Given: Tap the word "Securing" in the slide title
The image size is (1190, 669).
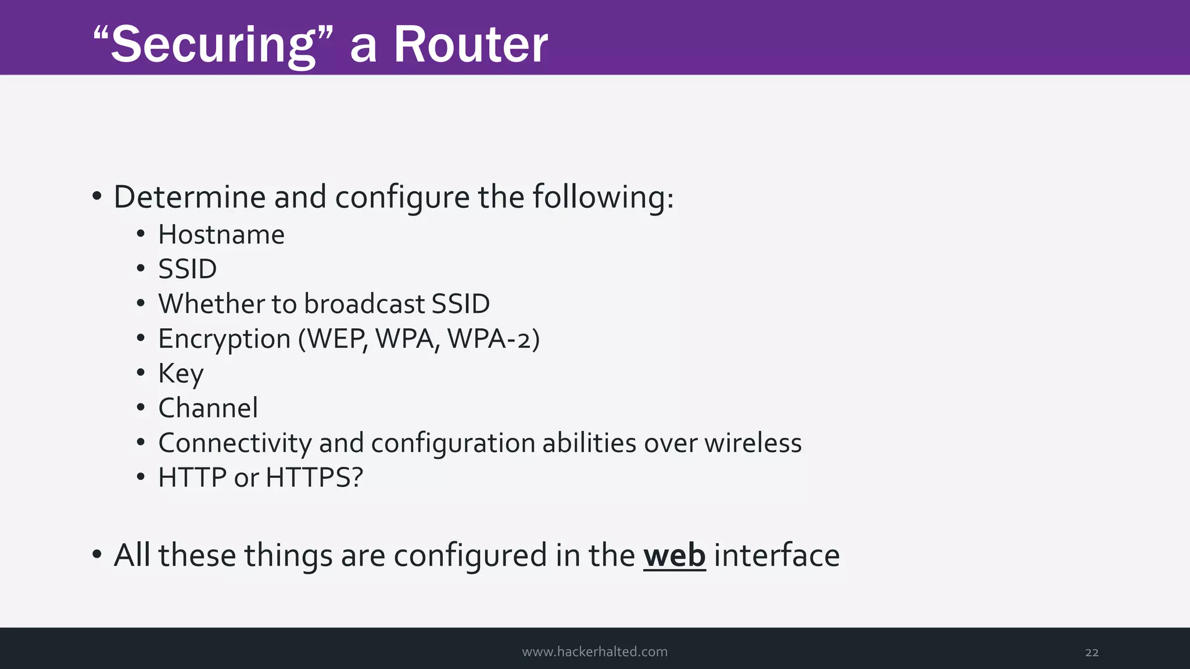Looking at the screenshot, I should click(x=214, y=45).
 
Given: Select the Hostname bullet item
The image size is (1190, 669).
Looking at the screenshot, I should click(x=221, y=235).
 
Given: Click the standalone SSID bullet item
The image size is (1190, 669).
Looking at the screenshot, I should click(x=187, y=269).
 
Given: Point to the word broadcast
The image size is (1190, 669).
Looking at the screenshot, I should click(x=364, y=304).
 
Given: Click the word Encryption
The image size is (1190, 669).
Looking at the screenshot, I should click(x=224, y=339).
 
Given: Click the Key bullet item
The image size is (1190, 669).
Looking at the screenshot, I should click(x=181, y=373).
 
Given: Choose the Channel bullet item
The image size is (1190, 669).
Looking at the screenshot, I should click(x=208, y=408).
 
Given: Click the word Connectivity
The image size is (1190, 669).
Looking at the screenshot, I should click(x=235, y=443).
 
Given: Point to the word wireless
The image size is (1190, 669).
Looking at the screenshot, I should click(x=753, y=443).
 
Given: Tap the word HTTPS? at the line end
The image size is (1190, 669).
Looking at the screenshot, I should click(x=314, y=478).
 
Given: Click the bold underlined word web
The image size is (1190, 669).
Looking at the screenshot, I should click(x=674, y=555).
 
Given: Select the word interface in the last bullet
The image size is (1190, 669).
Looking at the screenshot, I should click(x=776, y=555).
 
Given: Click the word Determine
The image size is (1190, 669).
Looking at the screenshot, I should click(x=189, y=197).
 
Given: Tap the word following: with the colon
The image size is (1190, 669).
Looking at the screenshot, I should click(x=603, y=197).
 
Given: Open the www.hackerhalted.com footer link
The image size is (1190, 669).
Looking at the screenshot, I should click(x=594, y=652).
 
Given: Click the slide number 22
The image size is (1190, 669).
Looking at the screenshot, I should click(x=1091, y=652).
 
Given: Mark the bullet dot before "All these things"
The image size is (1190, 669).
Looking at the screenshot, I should click(x=97, y=555).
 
